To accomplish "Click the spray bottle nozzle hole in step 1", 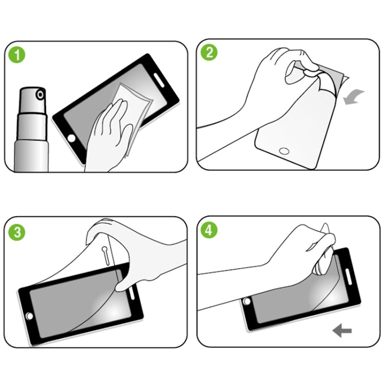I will click(40, 94).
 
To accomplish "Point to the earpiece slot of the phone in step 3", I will click(135, 294).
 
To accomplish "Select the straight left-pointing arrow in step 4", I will click(341, 331).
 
